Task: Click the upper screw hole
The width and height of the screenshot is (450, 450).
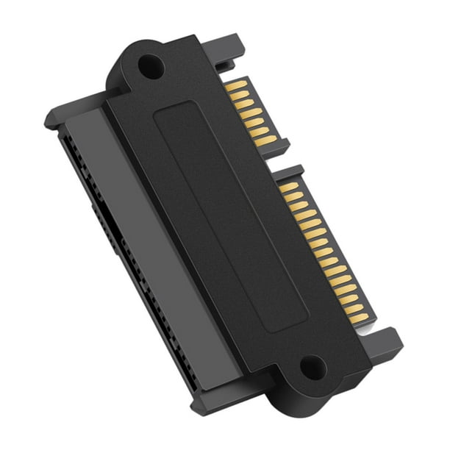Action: (150, 68)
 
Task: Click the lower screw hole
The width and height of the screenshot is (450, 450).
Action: (312, 366)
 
